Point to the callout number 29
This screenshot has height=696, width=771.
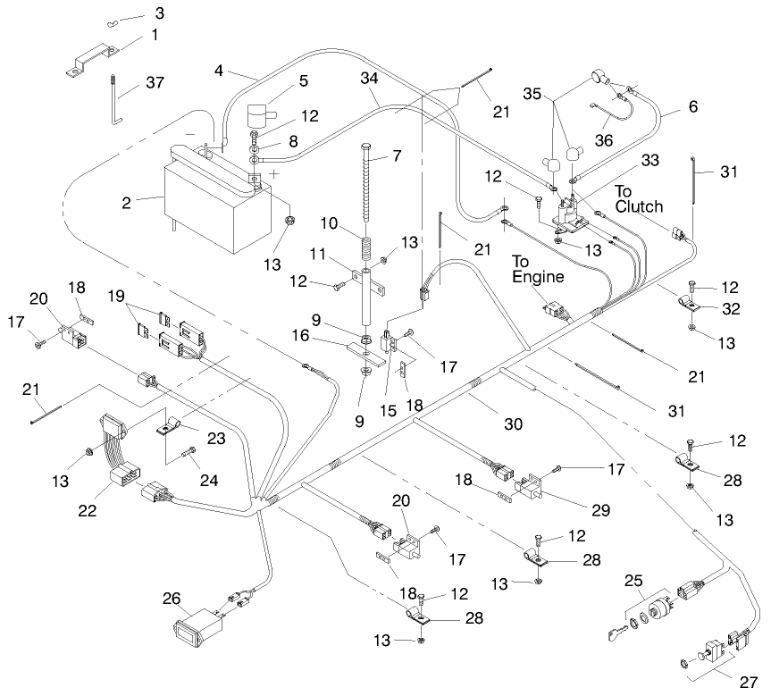(599, 510)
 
